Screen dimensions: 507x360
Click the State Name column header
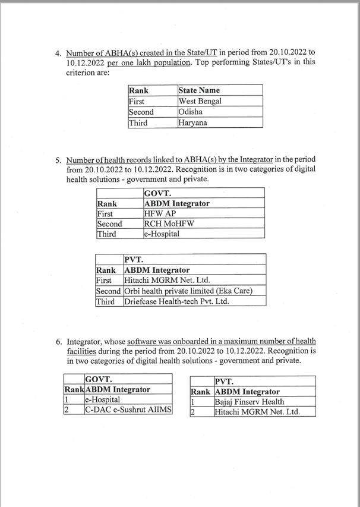tap(202, 90)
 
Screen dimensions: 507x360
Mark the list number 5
tap(58, 160)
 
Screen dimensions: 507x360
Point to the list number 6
tap(58, 342)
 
